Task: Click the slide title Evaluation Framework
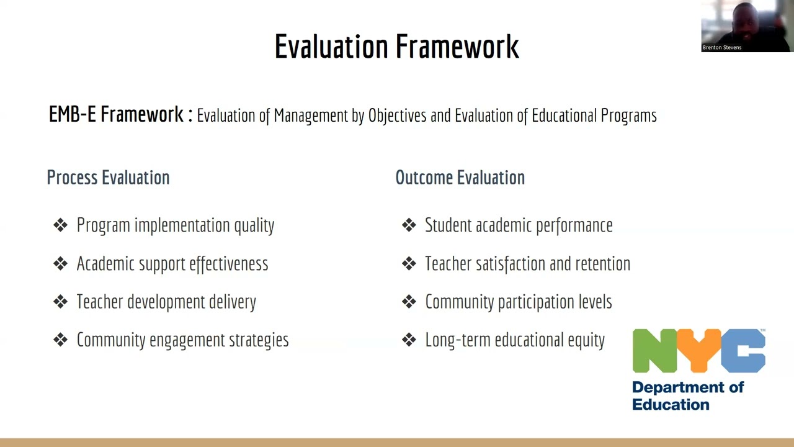[396, 47]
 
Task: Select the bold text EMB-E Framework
[115, 115]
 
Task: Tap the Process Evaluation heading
[108, 178]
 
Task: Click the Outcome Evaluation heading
[460, 178]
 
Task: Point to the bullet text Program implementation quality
[175, 225]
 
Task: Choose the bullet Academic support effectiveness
[172, 264]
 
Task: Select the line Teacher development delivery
[166, 302]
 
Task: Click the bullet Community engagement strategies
[182, 340]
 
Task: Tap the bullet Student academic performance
[518, 225]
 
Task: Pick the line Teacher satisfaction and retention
[527, 264]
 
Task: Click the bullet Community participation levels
[518, 302]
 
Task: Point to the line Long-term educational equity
[514, 340]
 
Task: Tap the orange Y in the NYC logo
[699, 351]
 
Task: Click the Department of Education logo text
[687, 395]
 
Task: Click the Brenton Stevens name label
[722, 47]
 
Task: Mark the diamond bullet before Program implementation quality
[60, 225]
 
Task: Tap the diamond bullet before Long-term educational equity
[409, 340]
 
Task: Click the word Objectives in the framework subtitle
[397, 116]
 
